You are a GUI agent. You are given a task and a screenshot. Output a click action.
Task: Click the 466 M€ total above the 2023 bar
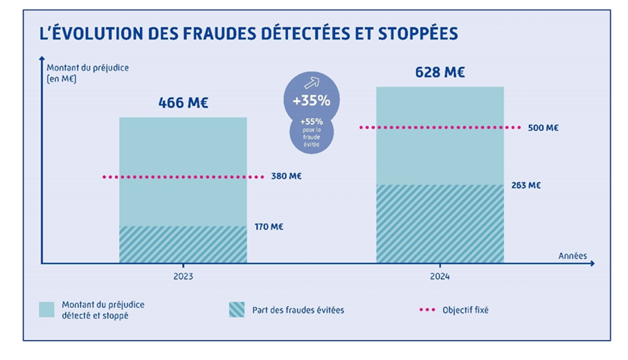click(183, 103)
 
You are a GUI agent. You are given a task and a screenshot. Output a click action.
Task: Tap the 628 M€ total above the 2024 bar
click(440, 72)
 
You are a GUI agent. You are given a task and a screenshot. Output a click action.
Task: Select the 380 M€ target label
click(285, 177)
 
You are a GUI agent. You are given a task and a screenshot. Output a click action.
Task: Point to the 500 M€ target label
click(543, 127)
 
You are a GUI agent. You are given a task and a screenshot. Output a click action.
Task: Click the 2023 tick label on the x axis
click(183, 276)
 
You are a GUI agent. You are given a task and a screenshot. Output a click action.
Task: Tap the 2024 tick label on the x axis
click(440, 276)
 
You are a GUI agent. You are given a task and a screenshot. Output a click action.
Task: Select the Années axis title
click(573, 255)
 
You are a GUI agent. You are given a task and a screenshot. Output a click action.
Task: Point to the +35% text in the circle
click(311, 100)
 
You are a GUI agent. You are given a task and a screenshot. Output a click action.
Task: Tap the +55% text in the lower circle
click(311, 122)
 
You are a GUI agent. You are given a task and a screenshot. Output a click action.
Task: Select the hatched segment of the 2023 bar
click(183, 244)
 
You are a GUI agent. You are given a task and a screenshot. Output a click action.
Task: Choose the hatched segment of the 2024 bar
click(440, 224)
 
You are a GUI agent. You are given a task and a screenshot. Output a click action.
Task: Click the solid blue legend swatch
click(46, 309)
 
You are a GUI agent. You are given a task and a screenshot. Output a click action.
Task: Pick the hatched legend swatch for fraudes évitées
click(237, 309)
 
